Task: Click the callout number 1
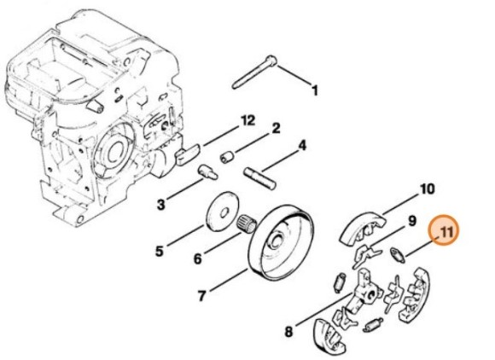(x=314, y=90)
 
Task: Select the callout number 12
(x=247, y=121)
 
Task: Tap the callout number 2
(x=276, y=129)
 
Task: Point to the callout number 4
(x=302, y=146)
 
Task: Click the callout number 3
(x=160, y=205)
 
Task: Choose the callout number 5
(x=160, y=251)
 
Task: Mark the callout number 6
(x=197, y=259)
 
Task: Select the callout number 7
(x=201, y=296)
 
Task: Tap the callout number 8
(x=288, y=332)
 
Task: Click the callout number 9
(x=412, y=221)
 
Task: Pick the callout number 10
(x=428, y=189)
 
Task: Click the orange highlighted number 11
(x=445, y=233)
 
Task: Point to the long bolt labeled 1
(x=254, y=73)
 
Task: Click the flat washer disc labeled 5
(x=222, y=209)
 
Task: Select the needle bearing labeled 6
(x=247, y=223)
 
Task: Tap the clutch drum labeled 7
(x=282, y=242)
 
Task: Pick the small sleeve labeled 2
(x=227, y=157)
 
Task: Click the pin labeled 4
(x=261, y=178)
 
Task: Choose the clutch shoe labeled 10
(x=363, y=228)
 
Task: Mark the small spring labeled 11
(x=398, y=254)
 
